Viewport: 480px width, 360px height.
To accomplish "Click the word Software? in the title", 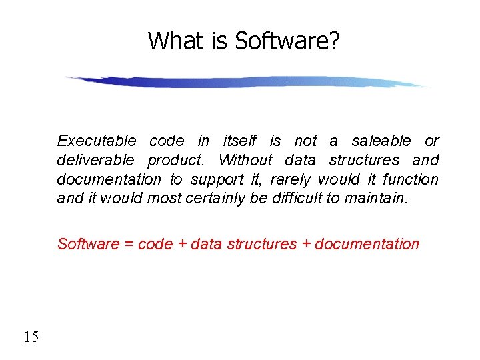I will (x=287, y=41).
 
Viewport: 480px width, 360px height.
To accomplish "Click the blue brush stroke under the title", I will (x=247, y=82).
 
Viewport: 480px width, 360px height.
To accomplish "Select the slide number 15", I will (x=31, y=337).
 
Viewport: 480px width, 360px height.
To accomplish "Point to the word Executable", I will (x=97, y=141).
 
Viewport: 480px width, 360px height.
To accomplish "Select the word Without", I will (x=245, y=160).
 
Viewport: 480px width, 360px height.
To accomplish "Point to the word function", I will (x=411, y=179).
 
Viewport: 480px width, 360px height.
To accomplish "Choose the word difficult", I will (x=297, y=199).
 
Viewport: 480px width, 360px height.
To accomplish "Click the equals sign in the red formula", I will (x=129, y=245).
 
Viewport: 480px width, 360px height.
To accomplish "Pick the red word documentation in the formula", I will (x=367, y=244).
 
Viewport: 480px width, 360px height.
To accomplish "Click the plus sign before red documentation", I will (x=307, y=245).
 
